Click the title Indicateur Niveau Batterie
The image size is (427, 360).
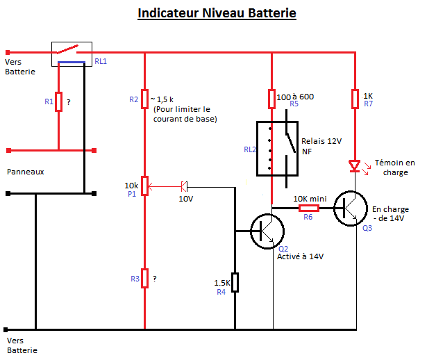[217, 13]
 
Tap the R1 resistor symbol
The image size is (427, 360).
[59, 102]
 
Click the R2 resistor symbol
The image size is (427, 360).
[144, 99]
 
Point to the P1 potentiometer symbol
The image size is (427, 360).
[144, 186]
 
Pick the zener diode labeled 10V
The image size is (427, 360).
[184, 186]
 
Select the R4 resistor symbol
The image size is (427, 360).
[235, 283]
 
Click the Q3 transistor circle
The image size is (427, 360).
[351, 207]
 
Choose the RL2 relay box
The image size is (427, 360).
[278, 149]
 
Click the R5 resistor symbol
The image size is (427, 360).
[272, 98]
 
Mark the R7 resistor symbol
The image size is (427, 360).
[355, 98]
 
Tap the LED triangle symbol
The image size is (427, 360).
[355, 166]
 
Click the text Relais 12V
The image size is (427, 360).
[322, 141]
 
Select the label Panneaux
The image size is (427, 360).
[26, 171]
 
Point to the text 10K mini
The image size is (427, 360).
[310, 197]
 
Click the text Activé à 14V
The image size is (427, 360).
[301, 256]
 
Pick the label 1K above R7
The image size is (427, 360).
[368, 95]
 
